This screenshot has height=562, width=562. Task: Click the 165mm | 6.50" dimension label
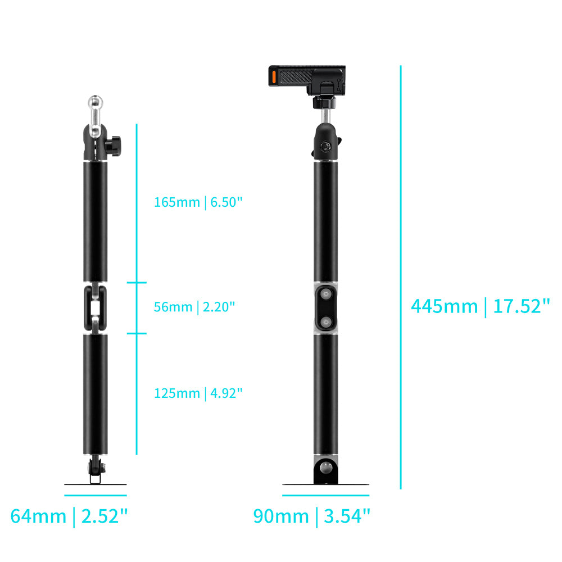198,202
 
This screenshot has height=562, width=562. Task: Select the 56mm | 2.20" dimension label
194,307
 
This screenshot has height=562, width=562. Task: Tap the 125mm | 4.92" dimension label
198,393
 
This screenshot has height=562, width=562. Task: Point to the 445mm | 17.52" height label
481,306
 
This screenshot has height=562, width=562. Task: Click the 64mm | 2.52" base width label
69,516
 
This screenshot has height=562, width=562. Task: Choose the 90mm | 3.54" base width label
311,516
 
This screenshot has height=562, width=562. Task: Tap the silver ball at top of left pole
96,102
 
